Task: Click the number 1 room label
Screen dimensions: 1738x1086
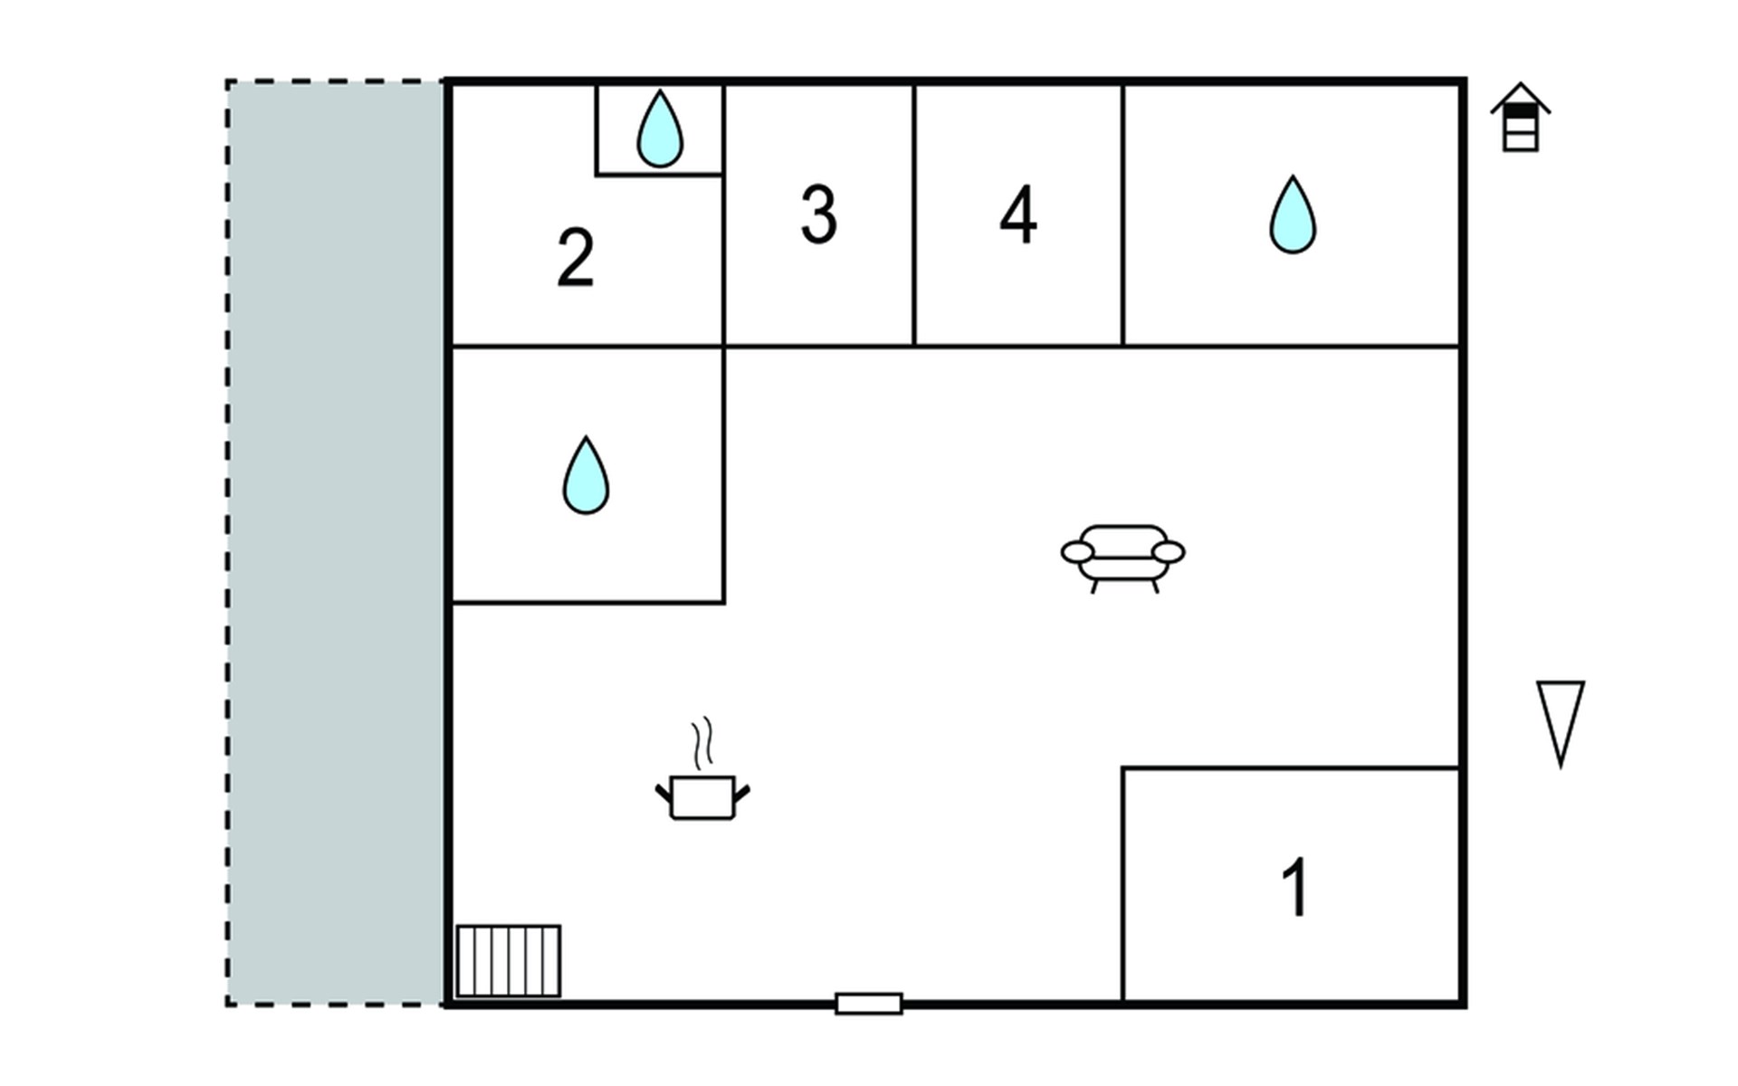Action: (x=1296, y=887)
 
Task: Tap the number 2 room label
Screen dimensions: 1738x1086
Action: (x=576, y=258)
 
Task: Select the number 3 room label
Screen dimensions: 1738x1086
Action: (x=819, y=214)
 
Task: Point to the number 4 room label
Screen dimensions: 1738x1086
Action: (x=1018, y=214)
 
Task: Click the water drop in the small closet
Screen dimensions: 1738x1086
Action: (x=660, y=130)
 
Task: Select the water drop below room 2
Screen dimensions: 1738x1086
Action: (x=586, y=476)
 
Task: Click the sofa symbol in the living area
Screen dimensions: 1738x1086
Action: (x=1123, y=557)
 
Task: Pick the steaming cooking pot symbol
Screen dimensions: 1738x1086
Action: (x=702, y=770)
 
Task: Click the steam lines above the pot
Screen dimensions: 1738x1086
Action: (x=702, y=743)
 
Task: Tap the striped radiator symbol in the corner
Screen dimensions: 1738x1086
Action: (x=509, y=961)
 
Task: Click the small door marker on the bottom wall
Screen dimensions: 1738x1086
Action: (x=869, y=1004)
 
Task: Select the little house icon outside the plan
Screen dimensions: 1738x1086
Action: (x=1521, y=117)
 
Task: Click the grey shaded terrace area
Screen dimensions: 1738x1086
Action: (x=335, y=543)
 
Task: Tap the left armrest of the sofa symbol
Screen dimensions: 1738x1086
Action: (x=1077, y=552)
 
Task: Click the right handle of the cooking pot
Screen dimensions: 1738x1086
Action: (x=741, y=795)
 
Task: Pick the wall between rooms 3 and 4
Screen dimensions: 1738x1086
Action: (x=914, y=214)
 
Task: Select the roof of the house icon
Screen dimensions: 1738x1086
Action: (x=1521, y=98)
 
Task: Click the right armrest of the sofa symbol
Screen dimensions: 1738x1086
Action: (x=1169, y=552)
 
